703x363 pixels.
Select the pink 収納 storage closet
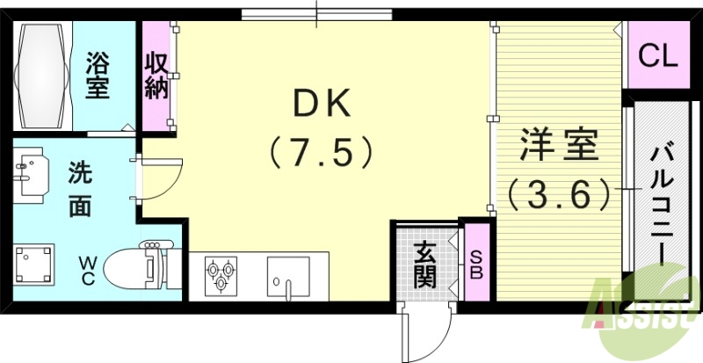(158, 77)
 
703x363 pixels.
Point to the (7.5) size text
(323, 154)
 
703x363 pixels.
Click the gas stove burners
(220, 274)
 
